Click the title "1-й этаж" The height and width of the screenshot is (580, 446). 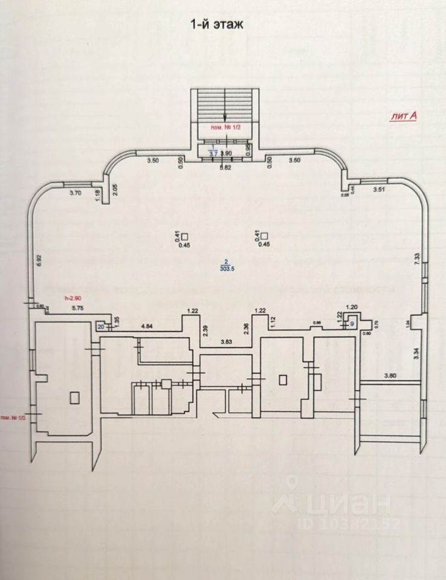click(216, 25)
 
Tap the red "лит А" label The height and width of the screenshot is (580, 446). click(401, 117)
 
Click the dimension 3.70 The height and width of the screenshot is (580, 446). click(76, 193)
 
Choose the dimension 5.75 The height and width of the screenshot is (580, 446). click(77, 309)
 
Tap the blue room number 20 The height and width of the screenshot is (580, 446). click(101, 326)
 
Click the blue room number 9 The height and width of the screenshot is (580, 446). click(352, 324)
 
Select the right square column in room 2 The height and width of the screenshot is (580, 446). click(264, 237)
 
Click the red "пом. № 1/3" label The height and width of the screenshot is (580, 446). click(12, 417)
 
